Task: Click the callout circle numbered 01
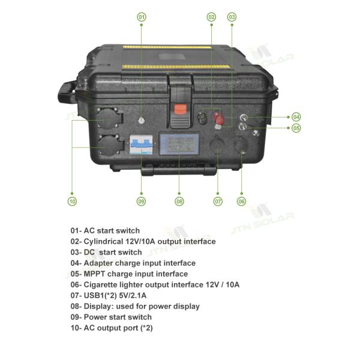(x=142, y=17)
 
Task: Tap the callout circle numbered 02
(x=211, y=17)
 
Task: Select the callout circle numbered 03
(x=232, y=17)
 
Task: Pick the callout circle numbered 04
(x=296, y=117)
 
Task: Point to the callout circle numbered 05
(x=296, y=128)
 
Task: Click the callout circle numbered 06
(x=241, y=202)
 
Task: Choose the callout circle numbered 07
(x=218, y=202)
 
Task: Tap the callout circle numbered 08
(x=179, y=202)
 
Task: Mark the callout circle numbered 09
(x=141, y=202)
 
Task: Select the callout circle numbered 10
(x=72, y=202)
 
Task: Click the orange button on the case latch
(x=180, y=109)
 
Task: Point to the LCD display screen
(x=179, y=144)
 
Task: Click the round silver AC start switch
(x=142, y=120)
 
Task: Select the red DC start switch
(x=218, y=118)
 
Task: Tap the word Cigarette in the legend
(x=100, y=284)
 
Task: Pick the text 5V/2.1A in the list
(x=133, y=295)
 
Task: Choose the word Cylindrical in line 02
(x=104, y=242)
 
